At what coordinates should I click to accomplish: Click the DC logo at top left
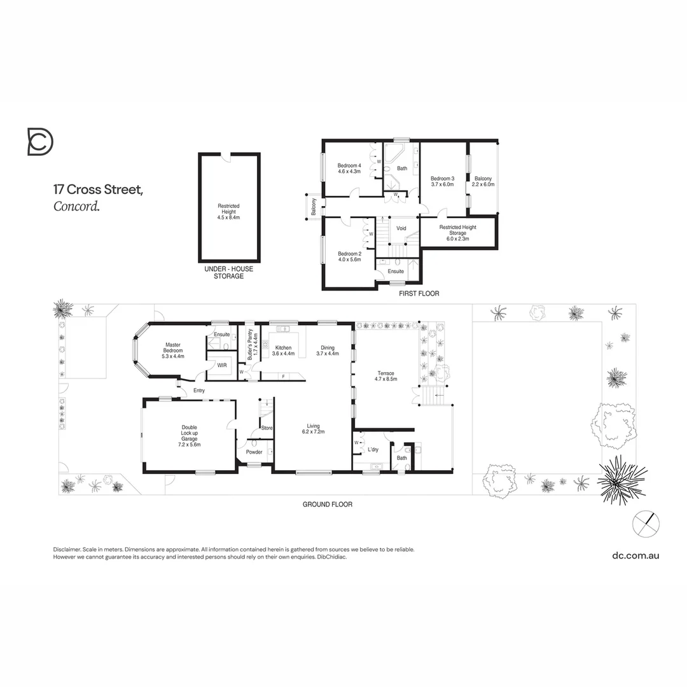(x=40, y=141)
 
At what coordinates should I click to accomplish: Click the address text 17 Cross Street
(x=98, y=190)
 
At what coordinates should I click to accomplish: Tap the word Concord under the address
(x=76, y=206)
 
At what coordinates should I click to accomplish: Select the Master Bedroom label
(x=174, y=347)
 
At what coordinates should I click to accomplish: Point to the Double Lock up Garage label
(x=190, y=436)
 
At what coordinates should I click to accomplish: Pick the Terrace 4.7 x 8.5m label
(x=385, y=376)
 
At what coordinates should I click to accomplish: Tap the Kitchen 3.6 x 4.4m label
(x=283, y=350)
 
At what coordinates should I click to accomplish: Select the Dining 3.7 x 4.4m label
(x=328, y=350)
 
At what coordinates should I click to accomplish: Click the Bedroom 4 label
(x=349, y=169)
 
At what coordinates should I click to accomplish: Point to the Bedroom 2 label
(x=349, y=256)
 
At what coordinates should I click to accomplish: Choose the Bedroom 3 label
(x=442, y=181)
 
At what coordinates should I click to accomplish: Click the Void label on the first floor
(x=401, y=228)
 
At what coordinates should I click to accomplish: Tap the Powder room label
(x=254, y=452)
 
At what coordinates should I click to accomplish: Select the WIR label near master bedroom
(x=222, y=366)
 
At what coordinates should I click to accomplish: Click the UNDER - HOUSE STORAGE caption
(x=228, y=272)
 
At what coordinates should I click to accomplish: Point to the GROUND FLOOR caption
(x=328, y=504)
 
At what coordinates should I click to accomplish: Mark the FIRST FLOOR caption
(x=419, y=294)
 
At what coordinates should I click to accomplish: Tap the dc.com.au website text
(x=635, y=555)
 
